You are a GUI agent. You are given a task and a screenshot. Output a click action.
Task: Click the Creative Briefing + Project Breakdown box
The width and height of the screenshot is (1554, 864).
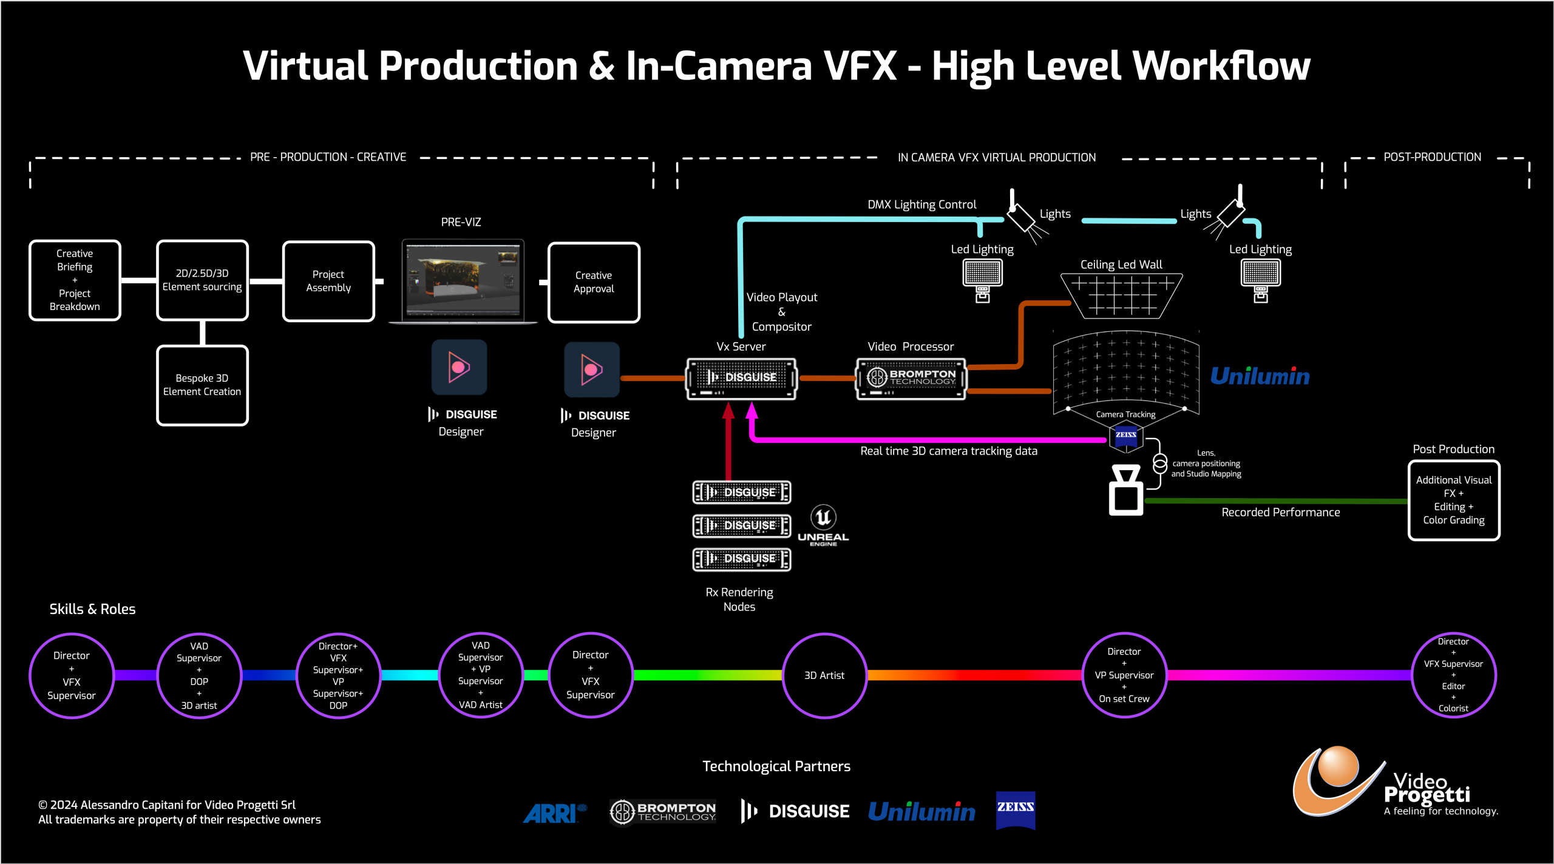click(x=75, y=280)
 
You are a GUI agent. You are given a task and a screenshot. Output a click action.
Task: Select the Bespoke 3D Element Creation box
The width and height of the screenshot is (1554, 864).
click(x=202, y=385)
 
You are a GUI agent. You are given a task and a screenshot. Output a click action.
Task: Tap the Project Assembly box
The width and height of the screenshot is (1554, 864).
click(x=328, y=281)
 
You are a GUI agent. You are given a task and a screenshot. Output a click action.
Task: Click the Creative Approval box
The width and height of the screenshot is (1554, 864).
click(x=594, y=282)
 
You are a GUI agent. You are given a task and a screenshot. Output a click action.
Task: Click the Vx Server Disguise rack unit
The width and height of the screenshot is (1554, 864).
click(x=741, y=378)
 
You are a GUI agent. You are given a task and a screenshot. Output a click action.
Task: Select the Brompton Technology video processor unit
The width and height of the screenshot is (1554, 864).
click(x=911, y=378)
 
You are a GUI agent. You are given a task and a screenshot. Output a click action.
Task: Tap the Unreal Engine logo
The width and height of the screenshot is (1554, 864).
click(x=823, y=525)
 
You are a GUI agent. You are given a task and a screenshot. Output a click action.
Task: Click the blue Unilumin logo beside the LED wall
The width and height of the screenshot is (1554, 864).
click(x=1260, y=376)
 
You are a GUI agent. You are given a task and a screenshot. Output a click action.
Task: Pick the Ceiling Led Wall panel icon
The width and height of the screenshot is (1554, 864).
click(x=1121, y=295)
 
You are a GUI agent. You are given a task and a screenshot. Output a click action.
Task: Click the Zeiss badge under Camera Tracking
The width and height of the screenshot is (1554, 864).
click(x=1126, y=436)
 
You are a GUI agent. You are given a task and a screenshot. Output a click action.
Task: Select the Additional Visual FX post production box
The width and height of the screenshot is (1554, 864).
click(x=1453, y=500)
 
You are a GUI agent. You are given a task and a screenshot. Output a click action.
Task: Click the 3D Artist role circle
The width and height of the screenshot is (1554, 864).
click(x=824, y=675)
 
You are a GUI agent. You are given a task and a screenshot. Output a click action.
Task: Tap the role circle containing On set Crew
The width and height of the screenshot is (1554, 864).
click(x=1124, y=675)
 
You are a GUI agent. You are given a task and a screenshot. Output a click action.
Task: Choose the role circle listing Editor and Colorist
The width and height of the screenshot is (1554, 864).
click(x=1453, y=675)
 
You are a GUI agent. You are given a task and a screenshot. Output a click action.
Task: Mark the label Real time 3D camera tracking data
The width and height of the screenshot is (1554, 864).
click(x=948, y=451)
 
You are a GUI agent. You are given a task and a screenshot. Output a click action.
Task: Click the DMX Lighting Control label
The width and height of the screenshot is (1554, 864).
click(x=921, y=204)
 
